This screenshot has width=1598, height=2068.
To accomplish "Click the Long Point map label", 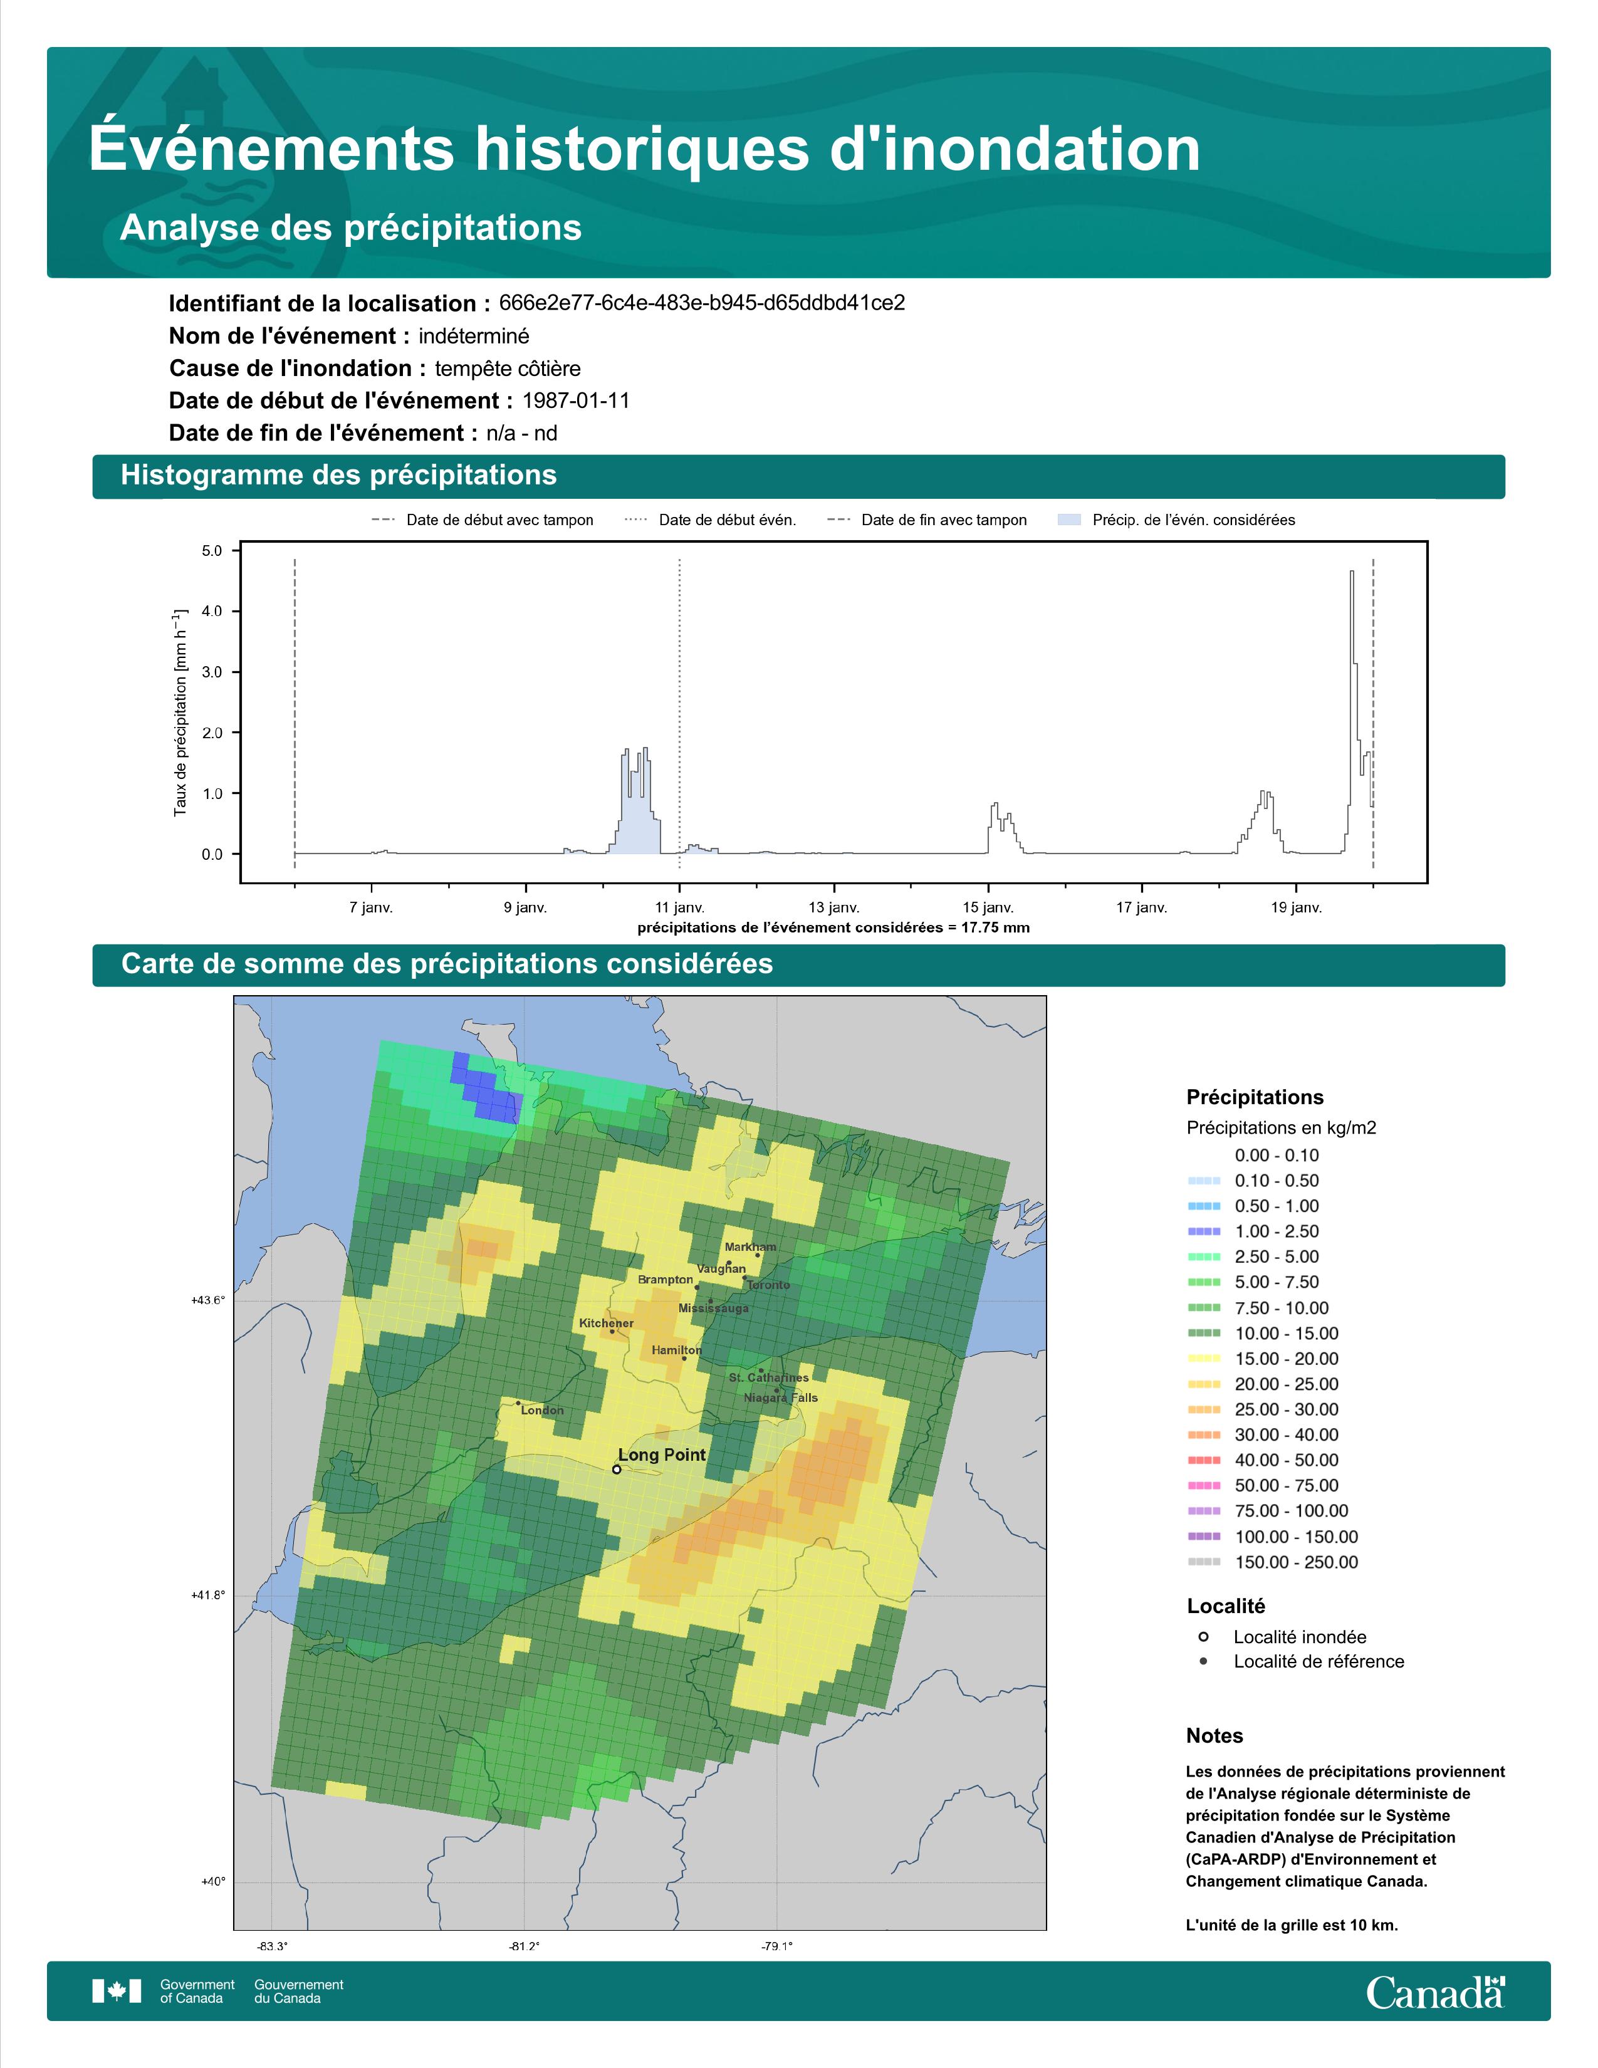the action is [662, 1455].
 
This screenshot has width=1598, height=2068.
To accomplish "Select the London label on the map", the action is [543, 1410].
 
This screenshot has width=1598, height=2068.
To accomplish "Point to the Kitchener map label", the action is [607, 1323].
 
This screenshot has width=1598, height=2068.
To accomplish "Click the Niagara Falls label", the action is [781, 1397].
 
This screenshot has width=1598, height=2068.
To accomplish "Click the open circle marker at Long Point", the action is [616, 1470].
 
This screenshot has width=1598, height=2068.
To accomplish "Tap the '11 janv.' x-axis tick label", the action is [680, 907].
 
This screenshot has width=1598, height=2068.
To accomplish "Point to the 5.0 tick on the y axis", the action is [212, 551].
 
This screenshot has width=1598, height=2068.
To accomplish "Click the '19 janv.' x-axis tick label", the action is [1296, 907].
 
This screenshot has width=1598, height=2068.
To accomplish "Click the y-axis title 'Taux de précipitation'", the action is [180, 712].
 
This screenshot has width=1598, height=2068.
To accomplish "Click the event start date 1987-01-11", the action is [575, 400].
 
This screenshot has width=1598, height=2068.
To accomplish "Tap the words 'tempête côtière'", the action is [508, 368].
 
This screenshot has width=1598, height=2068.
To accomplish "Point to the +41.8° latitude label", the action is [209, 1595].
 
